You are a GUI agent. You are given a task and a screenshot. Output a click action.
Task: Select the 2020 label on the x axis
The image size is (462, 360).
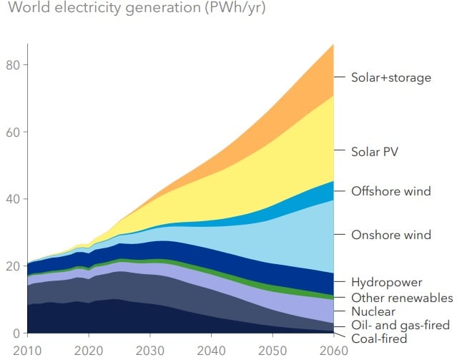(x=89, y=350)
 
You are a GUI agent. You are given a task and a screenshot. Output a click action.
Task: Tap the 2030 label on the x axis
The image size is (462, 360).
(x=150, y=350)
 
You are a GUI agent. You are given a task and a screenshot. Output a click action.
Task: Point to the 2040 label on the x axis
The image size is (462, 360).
(x=211, y=350)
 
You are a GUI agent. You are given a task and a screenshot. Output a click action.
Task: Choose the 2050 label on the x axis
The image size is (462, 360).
(x=272, y=350)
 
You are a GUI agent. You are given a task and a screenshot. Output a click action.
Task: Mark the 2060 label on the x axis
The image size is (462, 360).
(x=333, y=350)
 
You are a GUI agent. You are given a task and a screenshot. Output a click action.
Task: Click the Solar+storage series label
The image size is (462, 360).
(x=390, y=77)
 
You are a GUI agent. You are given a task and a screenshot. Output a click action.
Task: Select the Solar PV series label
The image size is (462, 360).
(x=375, y=152)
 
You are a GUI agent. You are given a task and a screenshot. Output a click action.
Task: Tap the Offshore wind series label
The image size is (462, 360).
(x=390, y=191)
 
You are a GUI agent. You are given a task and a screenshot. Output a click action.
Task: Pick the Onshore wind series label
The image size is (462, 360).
(x=390, y=235)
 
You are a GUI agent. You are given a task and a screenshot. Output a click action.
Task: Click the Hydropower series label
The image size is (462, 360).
(x=386, y=283)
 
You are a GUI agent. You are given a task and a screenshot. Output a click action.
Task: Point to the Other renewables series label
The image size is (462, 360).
(x=402, y=297)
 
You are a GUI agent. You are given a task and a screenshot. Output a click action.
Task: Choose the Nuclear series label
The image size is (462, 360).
(x=373, y=311)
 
